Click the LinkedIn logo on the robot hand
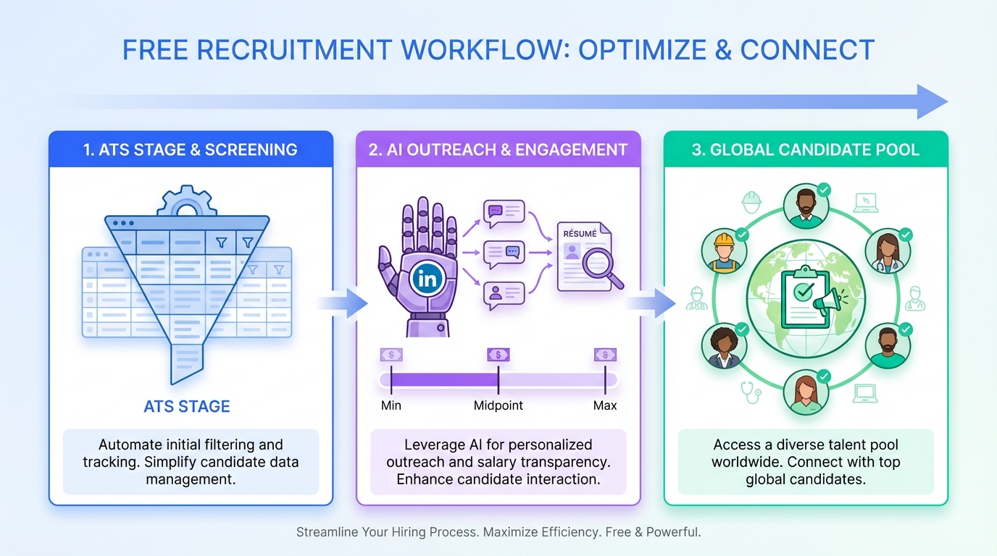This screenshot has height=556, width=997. click(x=427, y=279)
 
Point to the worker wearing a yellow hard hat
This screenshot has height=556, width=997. click(x=724, y=252)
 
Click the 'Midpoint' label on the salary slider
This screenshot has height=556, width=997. click(x=498, y=405)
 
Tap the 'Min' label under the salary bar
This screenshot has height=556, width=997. click(x=391, y=405)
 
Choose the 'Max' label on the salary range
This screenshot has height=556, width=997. click(x=605, y=405)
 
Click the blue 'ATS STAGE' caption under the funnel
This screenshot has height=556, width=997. click(x=187, y=406)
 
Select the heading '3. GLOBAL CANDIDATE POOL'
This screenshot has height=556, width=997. click(x=806, y=150)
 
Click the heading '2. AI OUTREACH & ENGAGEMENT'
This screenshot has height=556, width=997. click(x=498, y=150)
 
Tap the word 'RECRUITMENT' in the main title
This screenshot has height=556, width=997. click(x=296, y=50)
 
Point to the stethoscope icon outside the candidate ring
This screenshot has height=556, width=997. click(x=751, y=392)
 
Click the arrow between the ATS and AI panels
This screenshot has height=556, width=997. click(x=344, y=302)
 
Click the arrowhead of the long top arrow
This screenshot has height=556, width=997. click(x=932, y=101)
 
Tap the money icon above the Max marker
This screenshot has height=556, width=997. click(x=605, y=355)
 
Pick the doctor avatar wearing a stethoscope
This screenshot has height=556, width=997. click(x=888, y=251)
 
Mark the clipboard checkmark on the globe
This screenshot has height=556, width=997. click(x=803, y=292)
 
